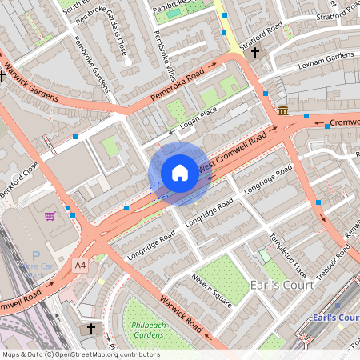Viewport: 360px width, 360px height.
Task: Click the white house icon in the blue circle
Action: click(180, 172)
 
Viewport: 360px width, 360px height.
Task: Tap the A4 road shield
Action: click(80, 265)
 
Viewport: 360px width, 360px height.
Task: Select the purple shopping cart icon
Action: click(50, 216)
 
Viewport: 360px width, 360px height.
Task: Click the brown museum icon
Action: click(283, 110)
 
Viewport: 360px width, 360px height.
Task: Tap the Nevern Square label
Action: click(211, 290)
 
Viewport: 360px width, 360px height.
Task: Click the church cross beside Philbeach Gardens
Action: click(90, 328)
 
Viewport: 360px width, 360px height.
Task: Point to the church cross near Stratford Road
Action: click(255, 53)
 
